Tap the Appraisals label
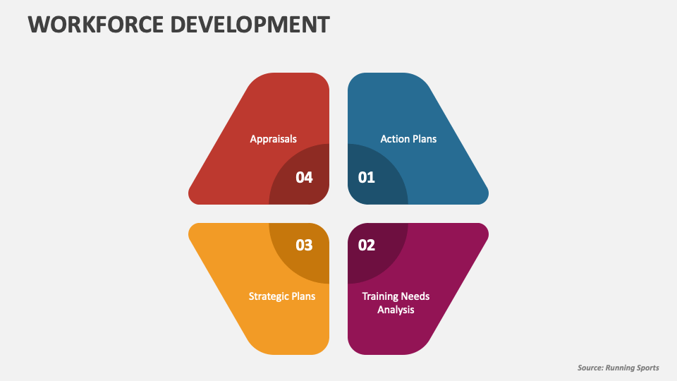pyautogui.click(x=273, y=139)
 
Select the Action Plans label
pyautogui.click(x=408, y=139)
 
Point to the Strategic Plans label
pyautogui.click(x=282, y=296)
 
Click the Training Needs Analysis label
pyautogui.click(x=396, y=303)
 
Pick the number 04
pyautogui.click(x=304, y=178)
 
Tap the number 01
pyautogui.click(x=367, y=178)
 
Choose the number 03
pyautogui.click(x=304, y=246)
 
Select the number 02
pyautogui.click(x=367, y=246)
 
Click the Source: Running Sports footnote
pyautogui.click(x=618, y=368)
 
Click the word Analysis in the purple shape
pyautogui.click(x=396, y=310)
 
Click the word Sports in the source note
pyautogui.click(x=645, y=368)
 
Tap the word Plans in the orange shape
pyautogui.click(x=303, y=296)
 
